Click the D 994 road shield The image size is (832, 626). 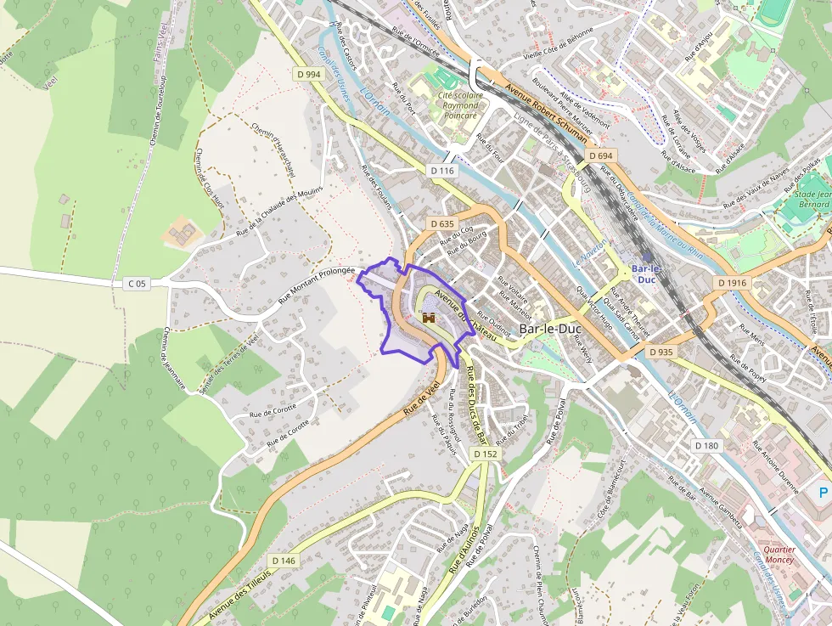pyautogui.click(x=310, y=75)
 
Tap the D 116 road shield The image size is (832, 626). pyautogui.click(x=442, y=171)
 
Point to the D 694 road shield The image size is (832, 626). pyautogui.click(x=599, y=156)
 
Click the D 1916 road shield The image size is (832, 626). pyautogui.click(x=732, y=283)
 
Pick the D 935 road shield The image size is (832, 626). pyautogui.click(x=661, y=352)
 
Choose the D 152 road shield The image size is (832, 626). pyautogui.click(x=485, y=454)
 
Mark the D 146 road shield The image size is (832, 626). pyautogui.click(x=284, y=561)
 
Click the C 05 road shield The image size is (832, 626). pyautogui.click(x=137, y=283)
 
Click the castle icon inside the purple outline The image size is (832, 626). pyautogui.click(x=429, y=317)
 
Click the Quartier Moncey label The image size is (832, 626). pyautogui.click(x=779, y=555)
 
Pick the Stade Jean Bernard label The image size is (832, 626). pyautogui.click(x=813, y=199)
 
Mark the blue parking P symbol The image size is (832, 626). pyautogui.click(x=823, y=493)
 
